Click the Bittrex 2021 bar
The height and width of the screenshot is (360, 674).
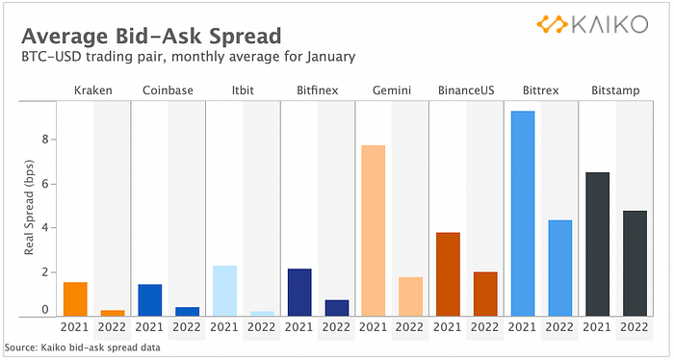coord(523,214)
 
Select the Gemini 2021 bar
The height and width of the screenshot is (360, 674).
coord(374,231)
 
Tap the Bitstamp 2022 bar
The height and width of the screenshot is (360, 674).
coord(635,264)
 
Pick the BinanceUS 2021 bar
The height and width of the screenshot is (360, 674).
coord(448,274)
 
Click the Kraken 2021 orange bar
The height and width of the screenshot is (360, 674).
coord(75,299)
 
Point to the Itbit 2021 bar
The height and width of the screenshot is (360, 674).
coord(224,292)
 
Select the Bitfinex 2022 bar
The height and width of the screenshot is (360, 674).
coord(337,308)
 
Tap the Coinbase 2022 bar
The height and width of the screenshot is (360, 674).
coord(188,312)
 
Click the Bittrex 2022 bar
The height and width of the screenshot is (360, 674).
coord(559,269)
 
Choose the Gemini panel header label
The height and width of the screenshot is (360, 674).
coord(392,90)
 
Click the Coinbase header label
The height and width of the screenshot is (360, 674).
coord(168,90)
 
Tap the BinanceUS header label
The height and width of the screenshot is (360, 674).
coord(466,90)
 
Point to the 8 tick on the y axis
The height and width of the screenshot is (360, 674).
coord(44,140)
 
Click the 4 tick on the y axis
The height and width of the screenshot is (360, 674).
coord(44,228)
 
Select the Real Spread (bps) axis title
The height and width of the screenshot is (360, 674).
coord(29,208)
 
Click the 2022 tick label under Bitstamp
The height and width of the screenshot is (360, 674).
coord(634,327)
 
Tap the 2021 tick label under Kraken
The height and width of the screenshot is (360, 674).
coord(74,327)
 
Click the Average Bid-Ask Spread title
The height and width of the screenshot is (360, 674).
coord(151,36)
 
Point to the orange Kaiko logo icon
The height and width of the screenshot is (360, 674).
coord(553,24)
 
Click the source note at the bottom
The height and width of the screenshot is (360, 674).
coord(82,347)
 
